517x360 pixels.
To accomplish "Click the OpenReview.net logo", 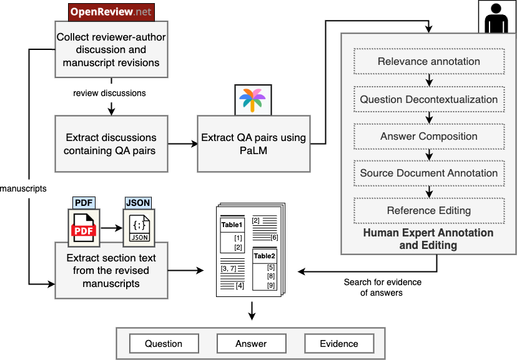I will (111, 12).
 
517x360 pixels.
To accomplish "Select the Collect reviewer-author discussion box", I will (111, 49).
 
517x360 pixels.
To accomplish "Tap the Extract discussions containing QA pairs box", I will (111, 144).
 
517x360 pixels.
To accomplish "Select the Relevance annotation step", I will (429, 62).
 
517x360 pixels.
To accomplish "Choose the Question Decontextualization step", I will (429, 99).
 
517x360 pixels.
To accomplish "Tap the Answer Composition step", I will (429, 136).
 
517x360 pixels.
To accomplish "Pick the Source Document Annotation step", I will (429, 173).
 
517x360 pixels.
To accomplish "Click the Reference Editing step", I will (429, 210).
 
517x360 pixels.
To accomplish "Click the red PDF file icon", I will (84, 228).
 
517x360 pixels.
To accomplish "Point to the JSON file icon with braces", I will (138, 227).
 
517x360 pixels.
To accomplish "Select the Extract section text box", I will (111, 271).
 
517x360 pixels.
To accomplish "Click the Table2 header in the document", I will (264, 256).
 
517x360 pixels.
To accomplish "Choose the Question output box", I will (164, 344).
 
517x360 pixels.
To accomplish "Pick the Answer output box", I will (251, 344).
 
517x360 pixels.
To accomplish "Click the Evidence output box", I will (339, 344).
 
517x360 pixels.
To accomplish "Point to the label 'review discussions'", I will (109, 93).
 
